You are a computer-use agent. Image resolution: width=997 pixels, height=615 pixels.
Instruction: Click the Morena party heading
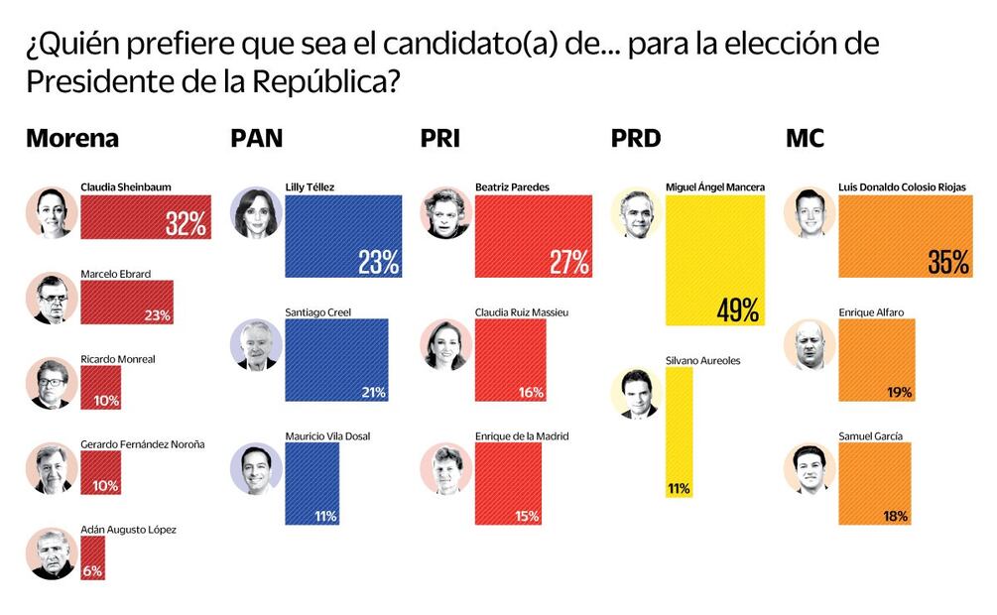(x=71, y=139)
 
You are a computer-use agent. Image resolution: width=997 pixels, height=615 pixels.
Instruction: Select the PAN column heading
(x=256, y=139)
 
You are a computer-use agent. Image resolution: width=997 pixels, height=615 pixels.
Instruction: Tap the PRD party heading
(x=636, y=139)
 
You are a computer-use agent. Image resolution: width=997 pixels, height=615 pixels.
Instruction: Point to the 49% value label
(x=737, y=309)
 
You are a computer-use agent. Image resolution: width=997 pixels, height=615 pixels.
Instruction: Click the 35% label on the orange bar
(x=948, y=262)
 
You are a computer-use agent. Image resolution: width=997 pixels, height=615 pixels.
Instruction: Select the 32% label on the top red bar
(x=186, y=224)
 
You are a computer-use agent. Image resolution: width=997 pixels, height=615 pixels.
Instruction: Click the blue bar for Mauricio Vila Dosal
(x=312, y=483)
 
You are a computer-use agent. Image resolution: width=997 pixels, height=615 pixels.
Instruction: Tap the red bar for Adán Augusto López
(x=91, y=558)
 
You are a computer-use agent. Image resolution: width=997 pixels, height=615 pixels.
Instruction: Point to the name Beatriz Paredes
(x=512, y=185)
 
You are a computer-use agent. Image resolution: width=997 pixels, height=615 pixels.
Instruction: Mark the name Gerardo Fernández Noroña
(x=142, y=443)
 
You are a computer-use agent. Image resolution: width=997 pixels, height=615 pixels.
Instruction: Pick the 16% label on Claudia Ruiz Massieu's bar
(x=530, y=392)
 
